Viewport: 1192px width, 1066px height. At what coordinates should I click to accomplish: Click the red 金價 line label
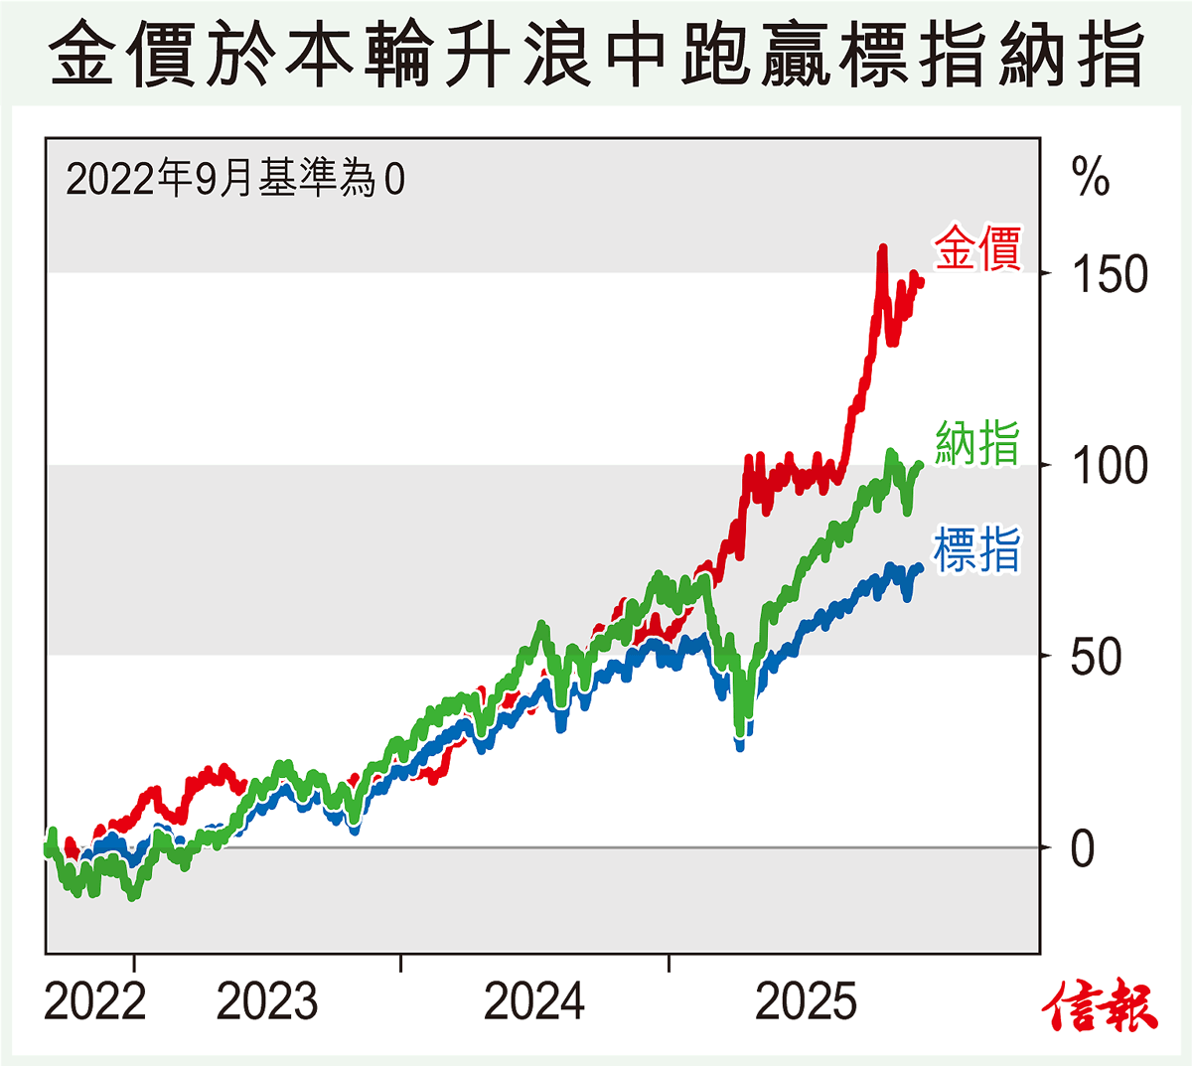click(x=977, y=248)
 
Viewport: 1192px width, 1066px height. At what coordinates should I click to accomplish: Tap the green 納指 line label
click(x=977, y=442)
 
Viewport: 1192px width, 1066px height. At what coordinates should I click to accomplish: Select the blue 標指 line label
click(x=977, y=549)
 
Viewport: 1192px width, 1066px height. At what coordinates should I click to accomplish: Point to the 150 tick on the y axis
click(x=1110, y=274)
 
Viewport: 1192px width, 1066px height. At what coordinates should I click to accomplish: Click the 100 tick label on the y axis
click(x=1110, y=465)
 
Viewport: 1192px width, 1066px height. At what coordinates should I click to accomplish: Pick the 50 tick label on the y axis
click(x=1096, y=657)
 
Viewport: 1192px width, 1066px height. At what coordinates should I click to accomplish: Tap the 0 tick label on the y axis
click(x=1083, y=849)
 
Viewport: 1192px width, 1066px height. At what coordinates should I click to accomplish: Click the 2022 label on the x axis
click(x=95, y=1001)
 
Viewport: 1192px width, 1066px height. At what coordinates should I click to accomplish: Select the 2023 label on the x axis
click(x=267, y=1001)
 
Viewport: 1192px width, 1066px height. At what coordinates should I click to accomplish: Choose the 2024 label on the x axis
click(x=534, y=1001)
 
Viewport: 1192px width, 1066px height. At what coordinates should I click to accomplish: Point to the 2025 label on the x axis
click(x=806, y=1001)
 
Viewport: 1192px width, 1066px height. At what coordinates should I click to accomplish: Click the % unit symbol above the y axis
click(x=1091, y=178)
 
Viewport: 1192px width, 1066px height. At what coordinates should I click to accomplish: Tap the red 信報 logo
click(x=1101, y=1005)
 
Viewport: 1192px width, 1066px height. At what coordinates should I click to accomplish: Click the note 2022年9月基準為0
click(x=235, y=180)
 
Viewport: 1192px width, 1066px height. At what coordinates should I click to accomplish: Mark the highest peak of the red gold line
click(x=881, y=248)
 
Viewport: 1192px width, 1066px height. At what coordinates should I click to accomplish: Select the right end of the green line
click(x=920, y=465)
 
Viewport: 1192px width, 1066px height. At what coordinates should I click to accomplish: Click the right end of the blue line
click(x=919, y=568)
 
